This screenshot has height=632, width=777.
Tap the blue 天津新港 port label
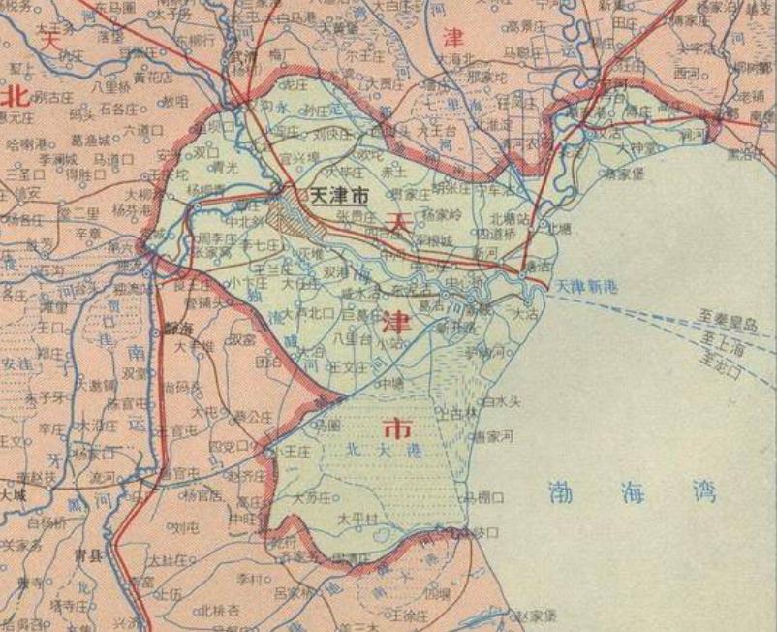coord(585,287)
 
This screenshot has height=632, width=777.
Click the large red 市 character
coord(396,427)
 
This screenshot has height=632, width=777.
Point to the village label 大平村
coord(356,520)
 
